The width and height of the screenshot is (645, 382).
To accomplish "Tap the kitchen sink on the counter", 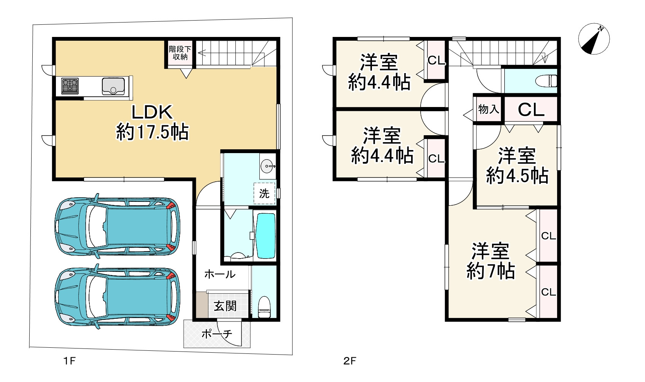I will [113, 86].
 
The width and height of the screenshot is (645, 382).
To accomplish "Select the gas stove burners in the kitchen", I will [70, 86].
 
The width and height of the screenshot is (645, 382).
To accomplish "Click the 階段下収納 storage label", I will [180, 53].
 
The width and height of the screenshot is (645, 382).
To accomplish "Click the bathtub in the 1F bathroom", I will [266, 236].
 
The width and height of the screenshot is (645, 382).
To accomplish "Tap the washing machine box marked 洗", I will [264, 193].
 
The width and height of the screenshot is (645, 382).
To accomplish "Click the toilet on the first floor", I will [264, 307].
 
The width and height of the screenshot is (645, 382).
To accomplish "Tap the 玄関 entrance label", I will [225, 306].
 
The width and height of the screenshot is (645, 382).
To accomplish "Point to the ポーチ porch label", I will [216, 334].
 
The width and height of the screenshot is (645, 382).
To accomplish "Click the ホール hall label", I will [220, 274].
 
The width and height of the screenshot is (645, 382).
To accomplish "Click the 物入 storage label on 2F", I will [488, 109].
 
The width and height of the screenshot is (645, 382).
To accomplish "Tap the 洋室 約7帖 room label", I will [491, 261].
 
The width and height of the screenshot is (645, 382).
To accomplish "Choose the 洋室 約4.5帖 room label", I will [517, 166].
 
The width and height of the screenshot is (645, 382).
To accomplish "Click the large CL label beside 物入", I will [531, 110].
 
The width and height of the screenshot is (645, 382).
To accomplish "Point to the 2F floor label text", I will [350, 361].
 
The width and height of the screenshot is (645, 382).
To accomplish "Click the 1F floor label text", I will [69, 361].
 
